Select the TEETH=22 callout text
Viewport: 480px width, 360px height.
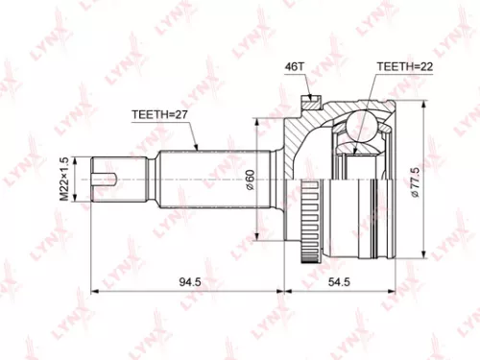(x=400, y=68)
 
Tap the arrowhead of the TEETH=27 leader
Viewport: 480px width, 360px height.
(x=196, y=150)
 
